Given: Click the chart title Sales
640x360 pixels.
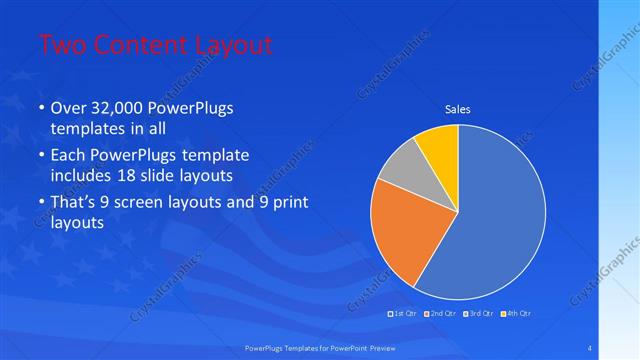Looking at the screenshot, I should pos(457,110).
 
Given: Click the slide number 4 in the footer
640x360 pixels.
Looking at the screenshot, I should pos(589,348).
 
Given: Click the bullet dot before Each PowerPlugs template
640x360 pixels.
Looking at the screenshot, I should pos(40,157).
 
